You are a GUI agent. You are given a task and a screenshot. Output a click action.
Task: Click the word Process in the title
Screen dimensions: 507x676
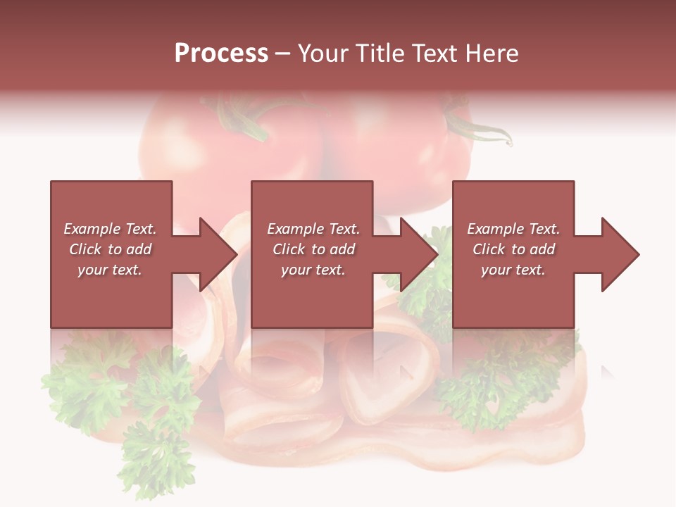(x=221, y=54)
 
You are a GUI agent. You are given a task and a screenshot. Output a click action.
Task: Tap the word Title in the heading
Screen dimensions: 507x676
(x=382, y=54)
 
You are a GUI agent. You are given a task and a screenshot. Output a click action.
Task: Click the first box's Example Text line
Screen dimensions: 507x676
(x=110, y=229)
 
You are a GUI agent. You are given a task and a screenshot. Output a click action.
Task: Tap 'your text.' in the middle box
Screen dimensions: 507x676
(x=313, y=270)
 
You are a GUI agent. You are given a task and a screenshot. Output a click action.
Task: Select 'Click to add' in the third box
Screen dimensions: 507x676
(x=513, y=249)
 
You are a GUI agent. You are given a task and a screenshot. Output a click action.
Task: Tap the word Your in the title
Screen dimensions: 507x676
(x=323, y=54)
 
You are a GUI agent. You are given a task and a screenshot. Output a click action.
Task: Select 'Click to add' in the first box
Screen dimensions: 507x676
(x=110, y=249)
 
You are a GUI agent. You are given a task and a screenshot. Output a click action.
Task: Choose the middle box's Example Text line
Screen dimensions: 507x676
(x=313, y=229)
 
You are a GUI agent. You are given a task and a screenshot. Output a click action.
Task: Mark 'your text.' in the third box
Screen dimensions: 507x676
(x=513, y=270)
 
